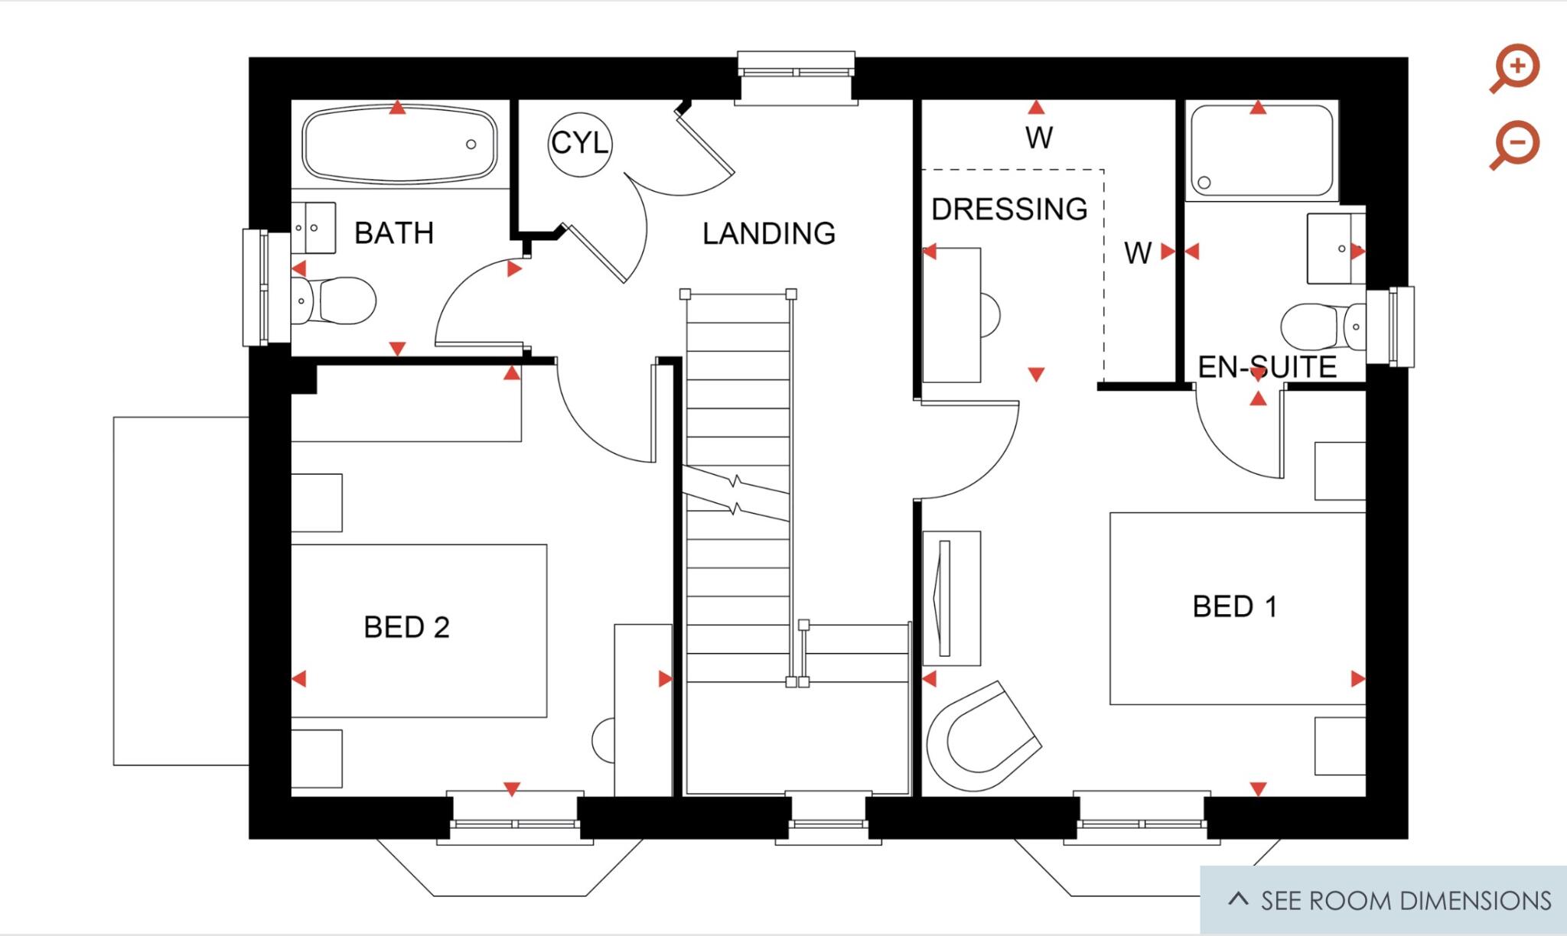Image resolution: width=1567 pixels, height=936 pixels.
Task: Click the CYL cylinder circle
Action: point(580,143)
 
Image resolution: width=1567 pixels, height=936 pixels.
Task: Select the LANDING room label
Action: point(768,233)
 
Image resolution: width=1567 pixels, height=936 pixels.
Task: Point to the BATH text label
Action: point(394,232)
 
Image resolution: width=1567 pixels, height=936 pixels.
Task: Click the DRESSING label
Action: point(1008,209)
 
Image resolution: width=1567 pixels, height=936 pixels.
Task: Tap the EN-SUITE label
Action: point(1267,367)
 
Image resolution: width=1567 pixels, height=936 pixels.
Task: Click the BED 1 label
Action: point(1234,606)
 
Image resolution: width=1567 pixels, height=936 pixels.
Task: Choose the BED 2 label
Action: point(406,627)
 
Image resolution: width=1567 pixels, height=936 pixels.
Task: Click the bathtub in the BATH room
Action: point(399,144)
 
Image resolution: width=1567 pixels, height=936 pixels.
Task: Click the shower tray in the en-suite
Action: point(1261,151)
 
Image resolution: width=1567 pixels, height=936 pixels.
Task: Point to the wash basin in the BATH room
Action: point(314,228)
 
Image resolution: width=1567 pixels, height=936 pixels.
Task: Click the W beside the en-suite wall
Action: point(1138,252)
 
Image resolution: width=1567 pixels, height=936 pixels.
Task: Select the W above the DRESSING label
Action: point(1038,138)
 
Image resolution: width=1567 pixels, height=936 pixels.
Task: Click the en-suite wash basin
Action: point(1334,249)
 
